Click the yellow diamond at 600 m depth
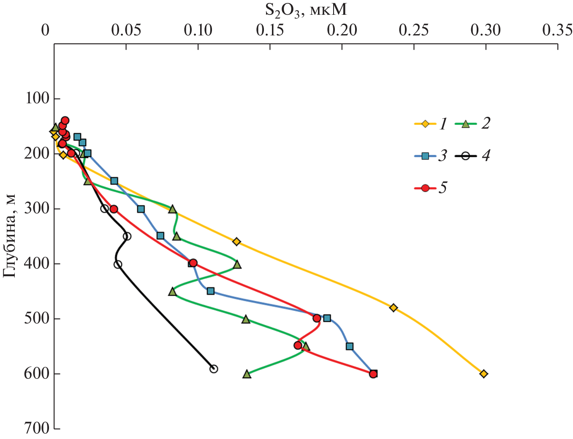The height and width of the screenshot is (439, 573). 483,374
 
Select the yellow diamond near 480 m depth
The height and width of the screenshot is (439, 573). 394,307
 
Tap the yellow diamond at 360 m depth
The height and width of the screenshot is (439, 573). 236,242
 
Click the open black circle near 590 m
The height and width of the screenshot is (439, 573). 214,369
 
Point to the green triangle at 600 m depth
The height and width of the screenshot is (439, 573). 247,374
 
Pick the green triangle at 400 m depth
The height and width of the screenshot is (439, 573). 237,264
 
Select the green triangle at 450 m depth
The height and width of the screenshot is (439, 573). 172,291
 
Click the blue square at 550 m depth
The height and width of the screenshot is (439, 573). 350,346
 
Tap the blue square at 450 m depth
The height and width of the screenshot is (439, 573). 211,291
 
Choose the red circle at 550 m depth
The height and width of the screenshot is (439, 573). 298,345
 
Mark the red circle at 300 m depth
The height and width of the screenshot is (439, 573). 114,209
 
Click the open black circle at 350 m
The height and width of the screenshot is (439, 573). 127,236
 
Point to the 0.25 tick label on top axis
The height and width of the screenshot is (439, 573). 415,30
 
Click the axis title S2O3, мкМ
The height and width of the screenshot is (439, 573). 306,9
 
